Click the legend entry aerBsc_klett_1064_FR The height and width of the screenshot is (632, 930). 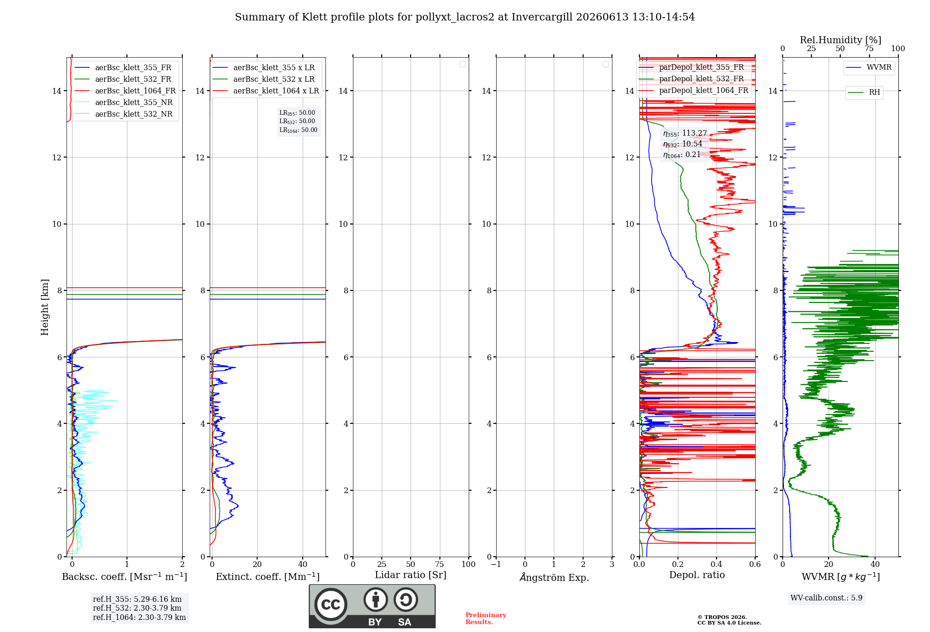pyautogui.click(x=125, y=91)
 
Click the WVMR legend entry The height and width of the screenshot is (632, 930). pyautogui.click(x=869, y=67)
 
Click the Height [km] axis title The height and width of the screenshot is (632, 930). pyautogui.click(x=45, y=307)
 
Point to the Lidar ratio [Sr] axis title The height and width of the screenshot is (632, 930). pyautogui.click(x=411, y=575)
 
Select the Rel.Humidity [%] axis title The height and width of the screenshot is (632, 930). pyautogui.click(x=841, y=40)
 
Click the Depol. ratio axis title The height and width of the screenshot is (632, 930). pyautogui.click(x=697, y=575)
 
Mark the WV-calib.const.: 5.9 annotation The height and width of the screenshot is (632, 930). pyautogui.click(x=826, y=598)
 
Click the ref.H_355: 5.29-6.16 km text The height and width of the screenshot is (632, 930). pyautogui.click(x=137, y=599)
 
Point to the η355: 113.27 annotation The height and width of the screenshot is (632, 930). pyautogui.click(x=685, y=133)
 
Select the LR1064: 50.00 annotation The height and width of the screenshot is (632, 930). pyautogui.click(x=298, y=130)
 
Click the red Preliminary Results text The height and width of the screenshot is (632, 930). pyautogui.click(x=486, y=619)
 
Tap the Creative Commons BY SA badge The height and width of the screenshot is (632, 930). pyautogui.click(x=372, y=606)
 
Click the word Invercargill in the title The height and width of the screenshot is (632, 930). pyautogui.click(x=542, y=17)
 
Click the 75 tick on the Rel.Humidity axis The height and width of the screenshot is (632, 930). pyautogui.click(x=869, y=49)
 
